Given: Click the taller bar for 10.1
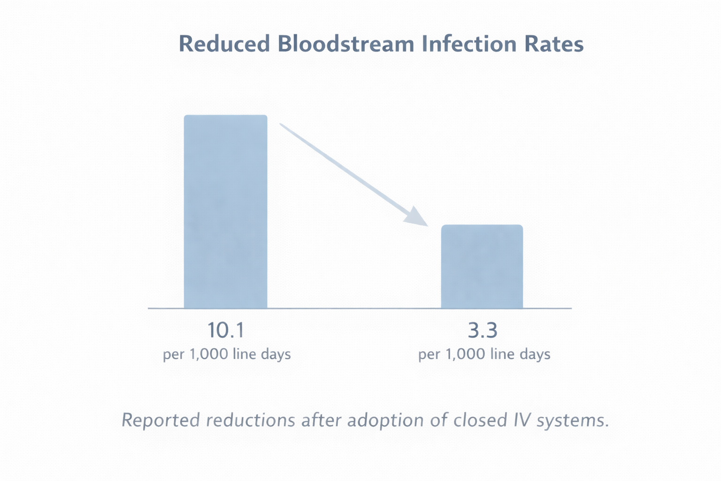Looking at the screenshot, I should pos(225,211).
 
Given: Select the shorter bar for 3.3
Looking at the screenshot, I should pos(482,266).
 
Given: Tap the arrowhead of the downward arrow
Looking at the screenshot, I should pos(417,217).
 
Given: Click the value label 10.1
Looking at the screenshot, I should pos(226,331).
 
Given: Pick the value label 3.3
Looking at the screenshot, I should pos(483,331).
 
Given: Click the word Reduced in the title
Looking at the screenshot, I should pos(224,44).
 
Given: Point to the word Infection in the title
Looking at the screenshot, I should pos(477,44).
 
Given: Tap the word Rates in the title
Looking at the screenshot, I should pos(560,44).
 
